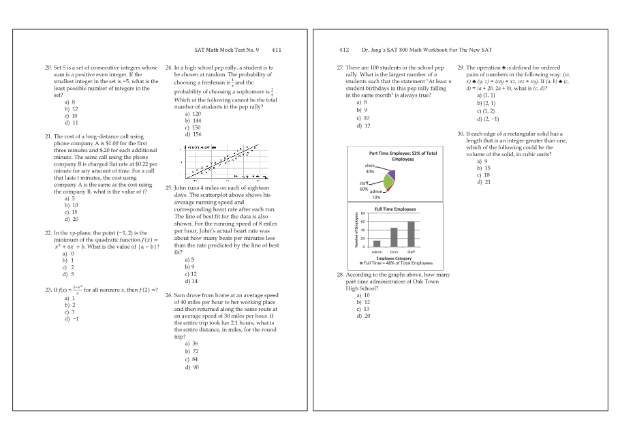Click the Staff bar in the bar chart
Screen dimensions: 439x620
click(411, 234)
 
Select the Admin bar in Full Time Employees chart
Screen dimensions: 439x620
click(377, 243)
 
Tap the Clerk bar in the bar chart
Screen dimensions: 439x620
click(394, 237)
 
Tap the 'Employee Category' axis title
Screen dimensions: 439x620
click(394, 258)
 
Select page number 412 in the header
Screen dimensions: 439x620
click(343, 50)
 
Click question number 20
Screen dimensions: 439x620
click(48, 69)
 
